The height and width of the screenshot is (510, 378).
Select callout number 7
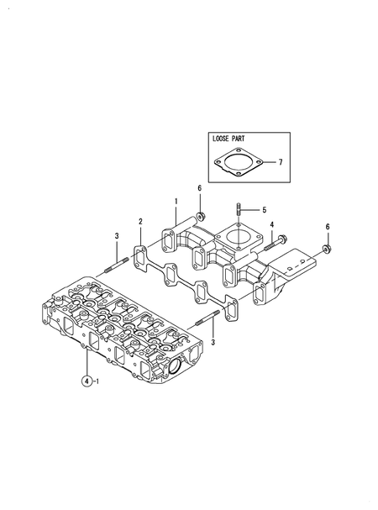tap(280, 161)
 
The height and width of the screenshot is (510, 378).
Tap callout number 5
tap(263, 209)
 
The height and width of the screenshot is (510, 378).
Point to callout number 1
tap(176, 202)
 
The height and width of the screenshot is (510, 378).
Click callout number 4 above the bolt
tap(271, 223)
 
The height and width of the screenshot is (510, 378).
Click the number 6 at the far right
tap(328, 227)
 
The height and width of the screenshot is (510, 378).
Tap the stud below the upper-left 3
tap(115, 269)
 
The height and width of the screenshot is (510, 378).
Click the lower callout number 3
tap(213, 343)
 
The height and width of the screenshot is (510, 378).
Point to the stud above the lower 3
tap(207, 320)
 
